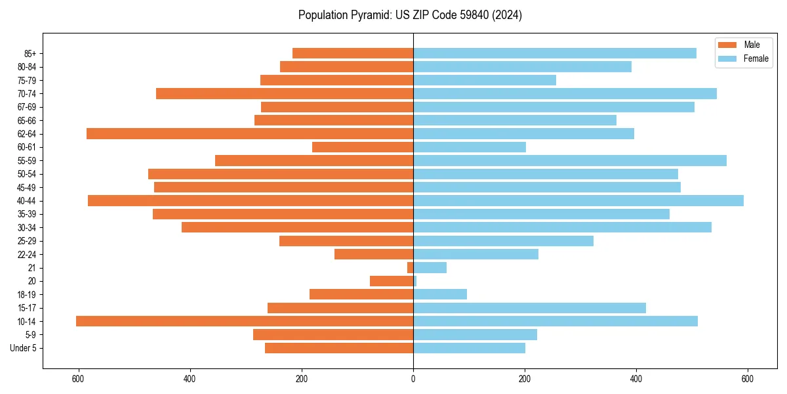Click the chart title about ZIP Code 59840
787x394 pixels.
point(410,15)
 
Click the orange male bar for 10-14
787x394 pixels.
point(245,321)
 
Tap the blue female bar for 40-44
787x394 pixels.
point(578,201)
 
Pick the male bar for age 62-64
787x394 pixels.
point(250,134)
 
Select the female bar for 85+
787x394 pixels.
point(555,53)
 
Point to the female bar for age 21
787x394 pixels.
point(430,268)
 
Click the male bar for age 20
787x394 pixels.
point(392,281)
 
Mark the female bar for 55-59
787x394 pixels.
point(569,161)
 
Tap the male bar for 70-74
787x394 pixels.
point(285,93)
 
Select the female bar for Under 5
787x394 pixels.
point(469,348)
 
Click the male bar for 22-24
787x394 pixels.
point(374,254)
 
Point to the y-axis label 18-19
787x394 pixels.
point(27,295)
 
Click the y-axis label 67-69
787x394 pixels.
point(27,107)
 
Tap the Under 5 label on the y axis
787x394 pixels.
point(23,348)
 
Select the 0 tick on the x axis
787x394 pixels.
point(413,379)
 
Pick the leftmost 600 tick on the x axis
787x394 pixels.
point(79,379)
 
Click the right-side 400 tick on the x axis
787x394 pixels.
point(636,379)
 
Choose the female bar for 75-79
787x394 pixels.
point(484,80)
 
